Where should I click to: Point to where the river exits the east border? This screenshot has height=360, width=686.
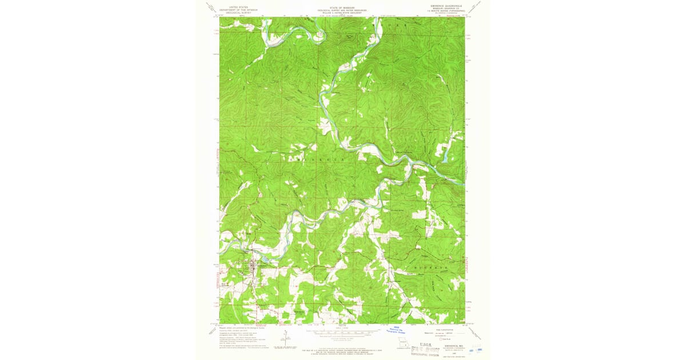tap(463, 183)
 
